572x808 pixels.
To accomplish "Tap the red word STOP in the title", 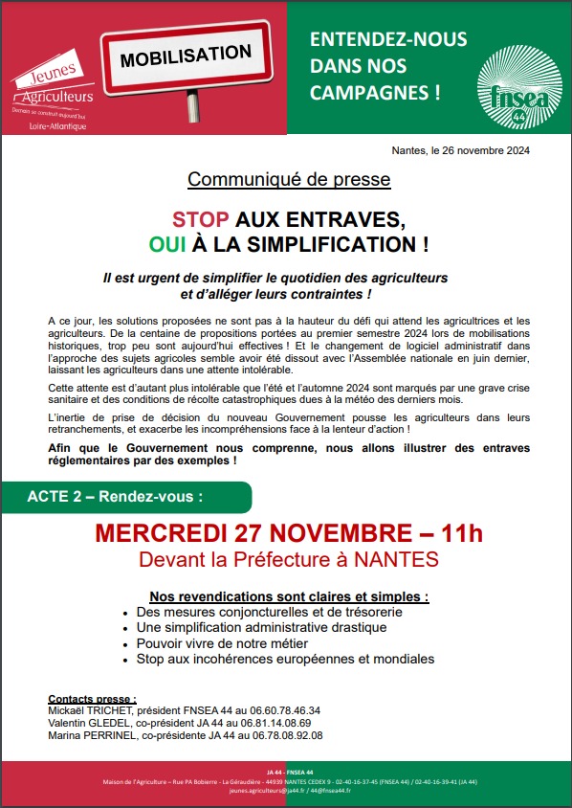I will click(201, 217).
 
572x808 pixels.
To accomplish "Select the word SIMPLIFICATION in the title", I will click(331, 243).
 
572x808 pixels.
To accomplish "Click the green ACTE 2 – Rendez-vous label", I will click(115, 498).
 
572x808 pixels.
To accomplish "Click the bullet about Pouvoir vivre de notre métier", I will click(219, 643).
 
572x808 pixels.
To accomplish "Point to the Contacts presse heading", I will click(92, 700).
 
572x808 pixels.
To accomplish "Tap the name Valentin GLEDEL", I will click(86, 724).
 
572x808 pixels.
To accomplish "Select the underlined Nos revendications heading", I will click(289, 595).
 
